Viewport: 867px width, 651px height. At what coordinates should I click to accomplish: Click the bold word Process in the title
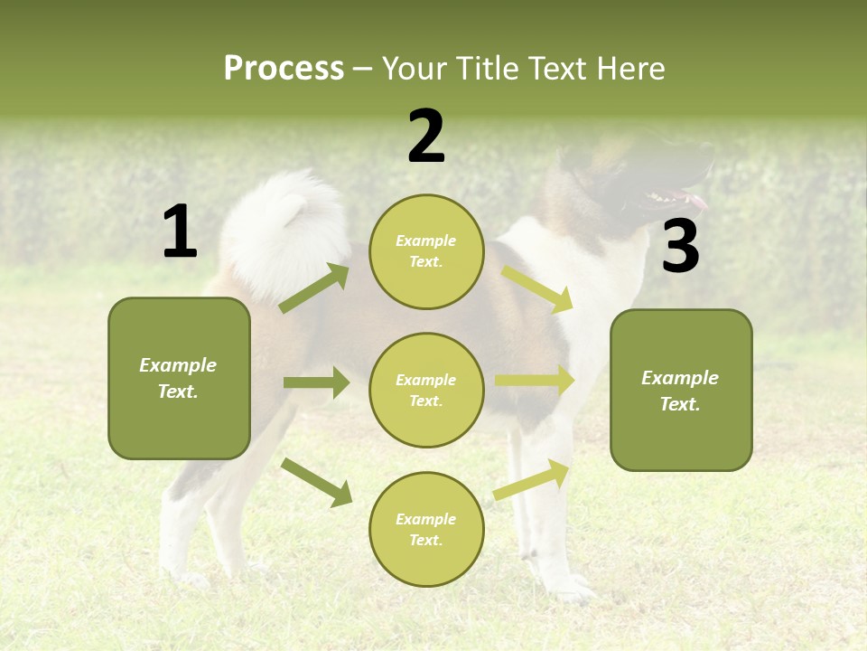coord(284,69)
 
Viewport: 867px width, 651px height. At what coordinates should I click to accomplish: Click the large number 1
coord(180,232)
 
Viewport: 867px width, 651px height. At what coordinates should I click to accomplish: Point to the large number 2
coord(426,137)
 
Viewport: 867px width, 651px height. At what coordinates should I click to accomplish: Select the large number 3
coord(680,247)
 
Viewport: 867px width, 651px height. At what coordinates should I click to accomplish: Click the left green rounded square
coord(179,378)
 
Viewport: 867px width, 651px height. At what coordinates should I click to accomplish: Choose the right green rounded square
coord(681,390)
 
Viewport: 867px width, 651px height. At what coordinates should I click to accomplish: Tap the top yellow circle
coord(426,251)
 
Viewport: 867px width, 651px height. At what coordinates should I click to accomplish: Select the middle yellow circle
coord(426,390)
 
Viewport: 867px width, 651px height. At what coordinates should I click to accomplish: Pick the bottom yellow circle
coord(426,529)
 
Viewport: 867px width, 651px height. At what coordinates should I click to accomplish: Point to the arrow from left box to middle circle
coord(316,382)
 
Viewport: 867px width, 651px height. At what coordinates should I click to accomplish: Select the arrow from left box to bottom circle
coord(316,481)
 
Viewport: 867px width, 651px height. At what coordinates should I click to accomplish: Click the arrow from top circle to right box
coord(536,288)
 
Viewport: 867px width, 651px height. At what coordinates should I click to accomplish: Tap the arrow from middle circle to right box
coord(535,381)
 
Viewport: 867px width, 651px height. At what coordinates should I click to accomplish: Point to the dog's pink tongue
coord(696,200)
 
